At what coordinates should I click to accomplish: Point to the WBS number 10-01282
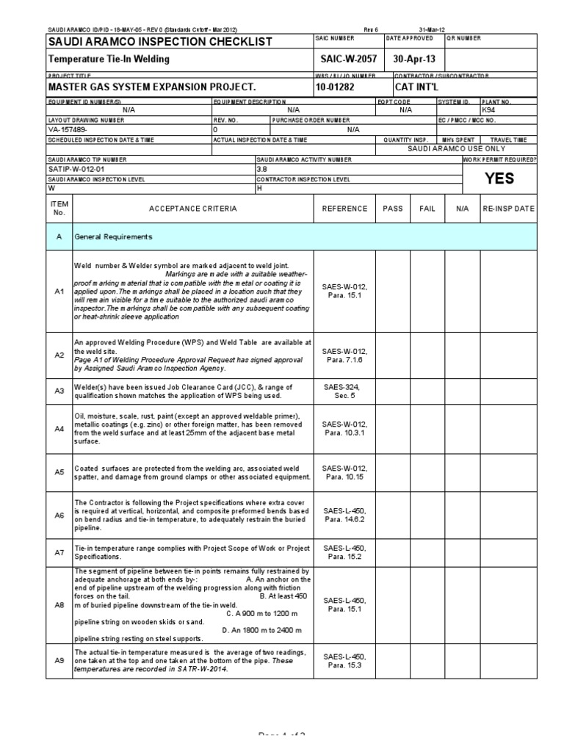[x=336, y=87]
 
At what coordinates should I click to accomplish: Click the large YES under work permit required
[x=499, y=178]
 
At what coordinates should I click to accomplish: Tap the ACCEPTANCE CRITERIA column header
[x=193, y=209]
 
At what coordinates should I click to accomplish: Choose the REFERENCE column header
[x=344, y=209]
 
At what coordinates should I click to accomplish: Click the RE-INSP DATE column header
[x=508, y=209]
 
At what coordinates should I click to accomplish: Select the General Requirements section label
[x=113, y=237]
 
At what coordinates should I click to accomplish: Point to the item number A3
[x=59, y=391]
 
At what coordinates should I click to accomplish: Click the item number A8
[x=59, y=605]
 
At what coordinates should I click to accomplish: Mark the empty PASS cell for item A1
[x=393, y=291]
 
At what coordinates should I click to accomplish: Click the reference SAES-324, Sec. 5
[x=344, y=391]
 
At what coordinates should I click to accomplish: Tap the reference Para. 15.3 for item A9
[x=344, y=665]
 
